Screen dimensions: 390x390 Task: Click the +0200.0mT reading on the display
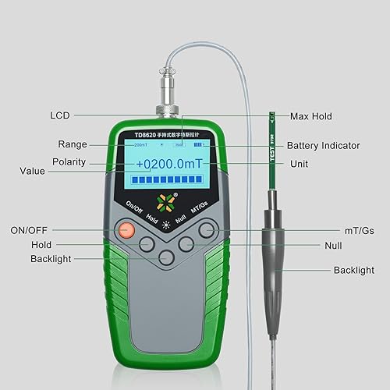[x=170, y=165]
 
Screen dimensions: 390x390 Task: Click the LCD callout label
[x=60, y=115]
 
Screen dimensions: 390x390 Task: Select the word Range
[x=72, y=144]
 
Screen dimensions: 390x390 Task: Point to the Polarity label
[x=69, y=161]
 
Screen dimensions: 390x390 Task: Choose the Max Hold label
[x=311, y=116]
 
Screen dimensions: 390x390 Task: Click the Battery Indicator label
[x=323, y=146]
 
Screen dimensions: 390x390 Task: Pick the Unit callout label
[x=299, y=164]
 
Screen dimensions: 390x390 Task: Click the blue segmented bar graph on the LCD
[x=170, y=182]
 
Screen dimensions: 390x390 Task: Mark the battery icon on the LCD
[x=202, y=145]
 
